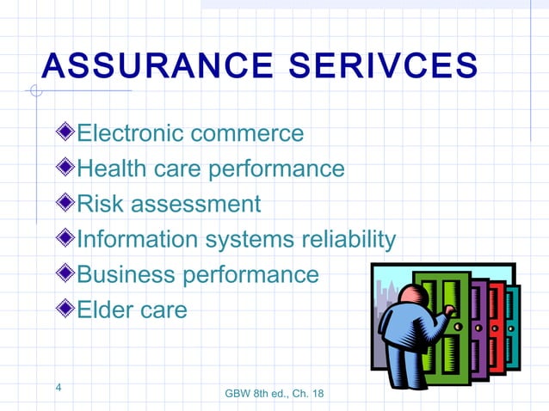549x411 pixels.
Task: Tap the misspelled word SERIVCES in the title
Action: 386,67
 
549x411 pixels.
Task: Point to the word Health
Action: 112,169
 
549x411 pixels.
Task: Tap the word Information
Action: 138,239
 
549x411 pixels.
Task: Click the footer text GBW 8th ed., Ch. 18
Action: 274,394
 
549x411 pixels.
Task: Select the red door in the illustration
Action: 497,322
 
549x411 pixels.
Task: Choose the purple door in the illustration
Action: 479,322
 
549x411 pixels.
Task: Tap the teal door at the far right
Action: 513,322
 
